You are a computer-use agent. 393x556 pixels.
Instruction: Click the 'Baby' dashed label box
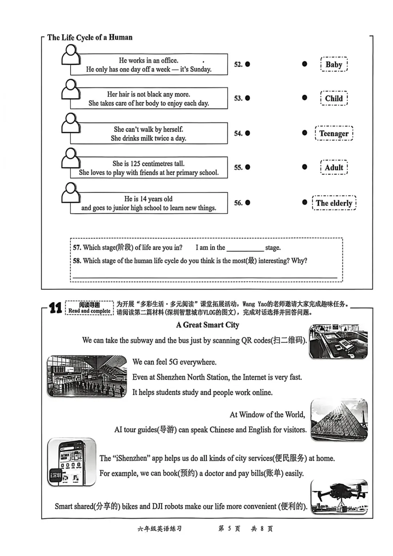coord(334,64)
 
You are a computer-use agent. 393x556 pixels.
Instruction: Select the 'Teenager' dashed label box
coord(334,133)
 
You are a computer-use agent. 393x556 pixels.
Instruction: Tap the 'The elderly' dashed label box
coord(334,203)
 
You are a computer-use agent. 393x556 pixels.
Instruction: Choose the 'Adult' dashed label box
coord(334,167)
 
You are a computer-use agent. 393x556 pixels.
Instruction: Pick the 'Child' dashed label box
coord(334,98)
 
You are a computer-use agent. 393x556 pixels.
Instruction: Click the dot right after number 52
coord(247,64)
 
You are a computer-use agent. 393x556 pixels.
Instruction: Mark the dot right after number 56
coord(247,202)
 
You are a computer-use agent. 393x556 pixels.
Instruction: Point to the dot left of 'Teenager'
coord(305,133)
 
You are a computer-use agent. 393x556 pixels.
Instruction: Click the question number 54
coord(238,133)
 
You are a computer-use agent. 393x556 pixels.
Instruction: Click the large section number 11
coord(55,308)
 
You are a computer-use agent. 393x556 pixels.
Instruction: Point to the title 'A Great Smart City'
coord(207,325)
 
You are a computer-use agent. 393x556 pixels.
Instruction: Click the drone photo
coord(339,497)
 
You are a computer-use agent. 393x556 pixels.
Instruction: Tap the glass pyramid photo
coord(339,420)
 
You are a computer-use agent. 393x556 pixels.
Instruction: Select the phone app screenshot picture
coord(72,462)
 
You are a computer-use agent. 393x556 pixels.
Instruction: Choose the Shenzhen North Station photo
coord(87,376)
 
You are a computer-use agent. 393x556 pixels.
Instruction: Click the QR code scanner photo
coord(338,341)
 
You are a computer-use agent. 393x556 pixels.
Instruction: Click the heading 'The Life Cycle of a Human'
coord(90,37)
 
